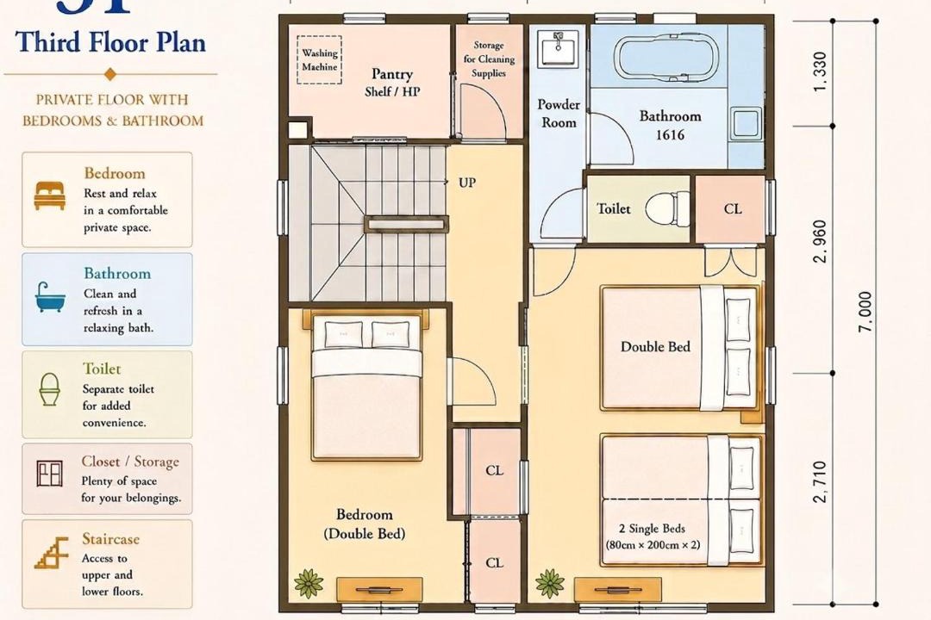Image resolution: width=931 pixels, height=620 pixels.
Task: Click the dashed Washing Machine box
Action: [320, 59]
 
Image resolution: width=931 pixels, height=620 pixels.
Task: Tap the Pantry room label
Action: [392, 73]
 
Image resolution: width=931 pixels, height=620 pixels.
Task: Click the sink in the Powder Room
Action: [558, 48]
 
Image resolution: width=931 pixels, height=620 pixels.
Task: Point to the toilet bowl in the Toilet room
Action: [667, 209]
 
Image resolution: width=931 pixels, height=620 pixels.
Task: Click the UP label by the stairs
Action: [467, 183]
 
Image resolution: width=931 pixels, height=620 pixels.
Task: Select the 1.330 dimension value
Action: [820, 71]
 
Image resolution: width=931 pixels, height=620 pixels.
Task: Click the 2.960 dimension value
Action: [820, 241]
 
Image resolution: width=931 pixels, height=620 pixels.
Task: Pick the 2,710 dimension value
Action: [820, 481]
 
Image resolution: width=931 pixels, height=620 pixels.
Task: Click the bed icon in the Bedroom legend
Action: [49, 195]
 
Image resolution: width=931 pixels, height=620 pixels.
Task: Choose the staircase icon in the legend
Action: [52, 553]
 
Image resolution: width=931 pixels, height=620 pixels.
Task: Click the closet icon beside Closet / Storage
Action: [49, 474]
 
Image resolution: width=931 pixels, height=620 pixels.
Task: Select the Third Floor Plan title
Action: [110, 43]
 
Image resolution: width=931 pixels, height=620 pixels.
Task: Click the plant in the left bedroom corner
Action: [309, 583]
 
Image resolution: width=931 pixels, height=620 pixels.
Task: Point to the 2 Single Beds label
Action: [652, 529]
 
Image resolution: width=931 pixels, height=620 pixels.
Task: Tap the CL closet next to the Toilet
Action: [730, 209]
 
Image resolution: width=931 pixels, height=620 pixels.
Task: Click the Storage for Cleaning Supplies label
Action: [489, 59]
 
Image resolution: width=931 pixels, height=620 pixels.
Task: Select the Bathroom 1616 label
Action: [670, 125]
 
